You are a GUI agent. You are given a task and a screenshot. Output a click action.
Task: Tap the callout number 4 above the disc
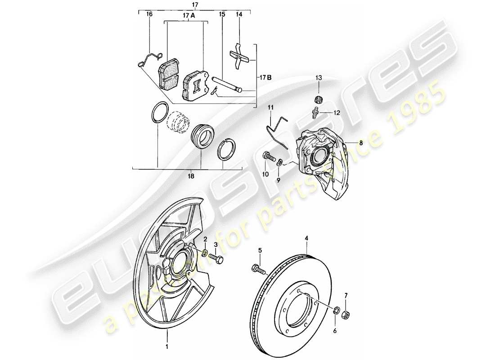(307, 238)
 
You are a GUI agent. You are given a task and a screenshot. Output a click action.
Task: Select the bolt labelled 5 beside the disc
(258, 269)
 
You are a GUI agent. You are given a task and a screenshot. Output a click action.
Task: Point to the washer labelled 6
(337, 310)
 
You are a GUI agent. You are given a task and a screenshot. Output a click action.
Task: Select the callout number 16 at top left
(149, 14)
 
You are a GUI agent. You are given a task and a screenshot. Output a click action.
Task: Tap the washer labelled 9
(280, 162)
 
